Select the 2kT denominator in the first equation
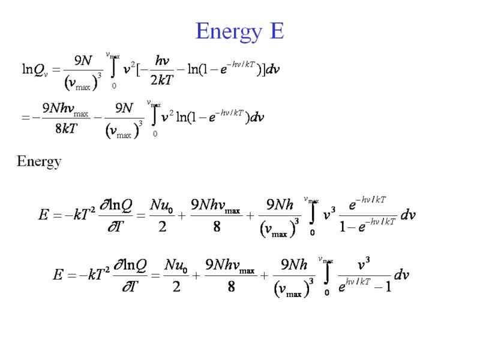click(x=159, y=81)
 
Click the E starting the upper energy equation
click(x=43, y=214)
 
